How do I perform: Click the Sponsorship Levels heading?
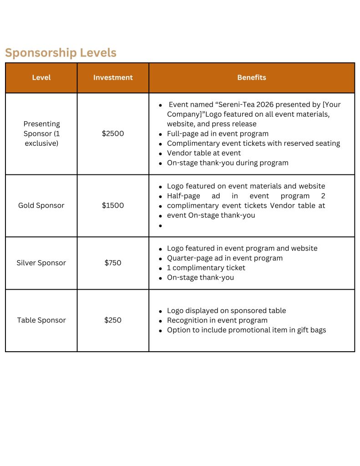coord(61,53)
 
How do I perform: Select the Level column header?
coord(41,77)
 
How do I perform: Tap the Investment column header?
coord(113,77)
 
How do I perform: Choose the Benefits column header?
coord(252,77)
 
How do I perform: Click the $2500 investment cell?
coord(113,133)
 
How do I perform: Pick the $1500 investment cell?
coord(113,205)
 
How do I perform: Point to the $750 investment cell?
coord(113,263)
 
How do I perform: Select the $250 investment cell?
coord(113,320)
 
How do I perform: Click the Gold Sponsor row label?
coord(41,205)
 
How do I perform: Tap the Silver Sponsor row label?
coord(41,263)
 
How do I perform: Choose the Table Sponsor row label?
coord(41,320)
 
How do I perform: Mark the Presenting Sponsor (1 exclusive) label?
coord(41,133)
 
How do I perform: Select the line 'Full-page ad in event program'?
coord(218,134)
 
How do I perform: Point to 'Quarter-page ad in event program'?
coord(225,258)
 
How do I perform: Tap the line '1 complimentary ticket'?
coord(206,268)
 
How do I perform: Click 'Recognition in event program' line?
coord(217,320)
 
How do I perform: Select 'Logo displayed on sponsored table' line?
coord(226,311)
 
